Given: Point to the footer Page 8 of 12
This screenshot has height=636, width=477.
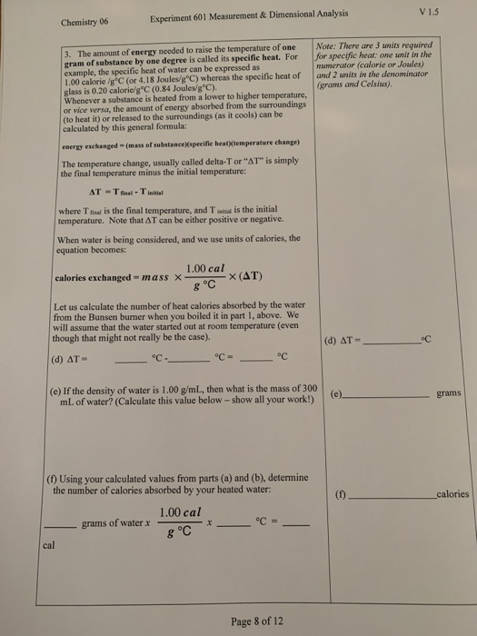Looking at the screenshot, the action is click(x=258, y=621).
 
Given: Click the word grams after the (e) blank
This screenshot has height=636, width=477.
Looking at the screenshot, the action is click(x=449, y=393).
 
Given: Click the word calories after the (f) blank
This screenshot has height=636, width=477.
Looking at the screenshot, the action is click(x=452, y=494).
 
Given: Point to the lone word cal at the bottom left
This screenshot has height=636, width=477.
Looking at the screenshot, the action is click(x=49, y=546).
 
